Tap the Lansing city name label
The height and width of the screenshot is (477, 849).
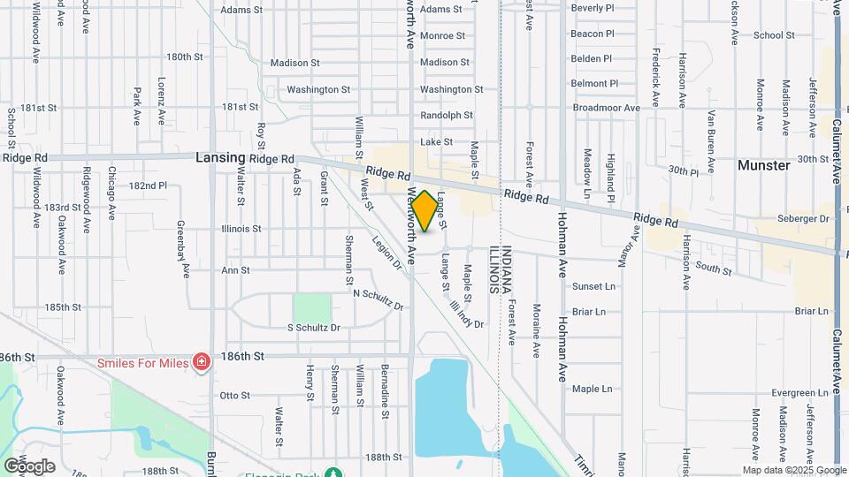(x=220, y=157)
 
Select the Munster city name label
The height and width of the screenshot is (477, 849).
(x=763, y=165)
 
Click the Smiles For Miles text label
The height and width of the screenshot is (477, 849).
(x=143, y=362)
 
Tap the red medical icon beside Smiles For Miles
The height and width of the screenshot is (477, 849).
(x=202, y=362)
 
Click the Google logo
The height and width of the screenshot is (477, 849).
(x=29, y=466)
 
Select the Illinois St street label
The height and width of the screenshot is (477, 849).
(x=241, y=228)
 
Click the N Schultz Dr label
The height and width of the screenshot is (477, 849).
(x=378, y=299)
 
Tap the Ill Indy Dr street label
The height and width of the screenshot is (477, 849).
(x=468, y=311)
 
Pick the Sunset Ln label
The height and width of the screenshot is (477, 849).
(x=593, y=286)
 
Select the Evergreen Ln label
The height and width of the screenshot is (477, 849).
(x=802, y=392)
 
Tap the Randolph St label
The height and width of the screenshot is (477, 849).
(x=447, y=115)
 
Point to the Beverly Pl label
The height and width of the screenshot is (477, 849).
(x=593, y=8)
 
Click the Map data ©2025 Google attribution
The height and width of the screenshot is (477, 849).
(x=793, y=469)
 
